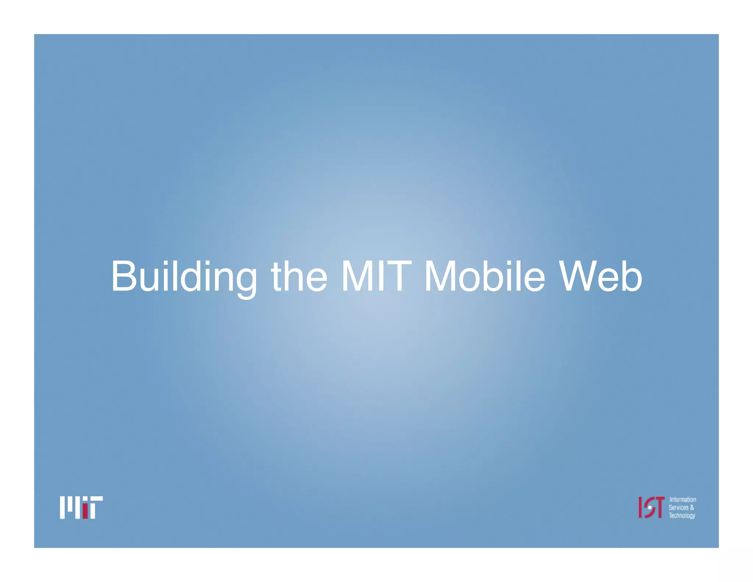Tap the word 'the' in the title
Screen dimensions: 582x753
299,276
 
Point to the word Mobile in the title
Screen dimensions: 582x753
484,276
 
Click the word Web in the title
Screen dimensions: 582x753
600,276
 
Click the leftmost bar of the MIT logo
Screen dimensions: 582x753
63,507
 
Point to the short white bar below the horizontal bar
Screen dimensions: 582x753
93,511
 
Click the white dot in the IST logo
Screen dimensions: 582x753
650,508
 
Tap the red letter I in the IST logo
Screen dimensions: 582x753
641,507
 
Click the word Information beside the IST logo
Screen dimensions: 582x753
682,500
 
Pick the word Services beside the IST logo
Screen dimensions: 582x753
678,508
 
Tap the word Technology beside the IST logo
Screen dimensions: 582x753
682,516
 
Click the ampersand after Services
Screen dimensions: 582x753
692,508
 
